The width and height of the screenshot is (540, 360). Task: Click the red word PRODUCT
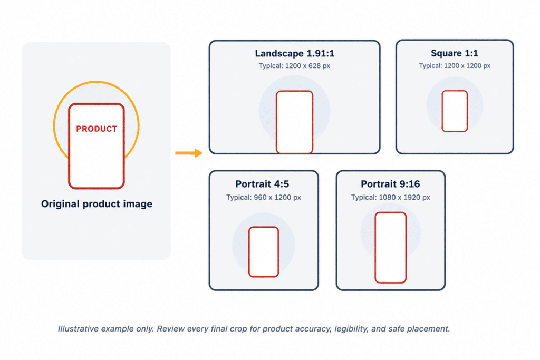97,129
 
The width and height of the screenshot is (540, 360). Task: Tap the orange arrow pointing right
189,153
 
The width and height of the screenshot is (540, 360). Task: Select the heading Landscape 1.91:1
294,53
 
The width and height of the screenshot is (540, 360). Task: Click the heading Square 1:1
454,53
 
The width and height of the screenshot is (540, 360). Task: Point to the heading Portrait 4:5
262,184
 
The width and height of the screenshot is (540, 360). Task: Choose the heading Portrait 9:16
390,184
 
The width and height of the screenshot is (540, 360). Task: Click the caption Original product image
97,204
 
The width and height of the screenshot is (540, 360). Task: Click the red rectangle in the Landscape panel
276,122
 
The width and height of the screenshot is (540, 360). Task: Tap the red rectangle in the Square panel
442,111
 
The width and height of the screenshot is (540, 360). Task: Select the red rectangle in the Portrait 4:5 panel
249,252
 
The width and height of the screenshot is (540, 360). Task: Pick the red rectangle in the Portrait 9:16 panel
375,248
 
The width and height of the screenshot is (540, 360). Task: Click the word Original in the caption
61,204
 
